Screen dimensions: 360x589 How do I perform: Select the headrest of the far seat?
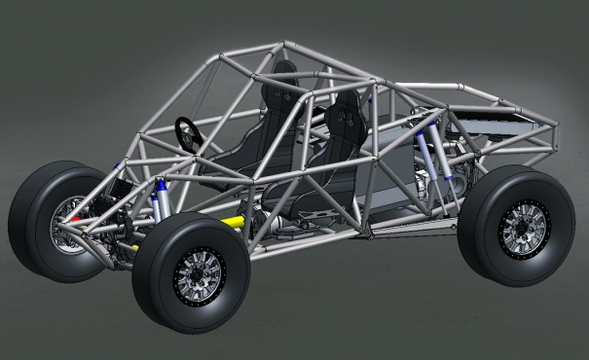click(x=283, y=73)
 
